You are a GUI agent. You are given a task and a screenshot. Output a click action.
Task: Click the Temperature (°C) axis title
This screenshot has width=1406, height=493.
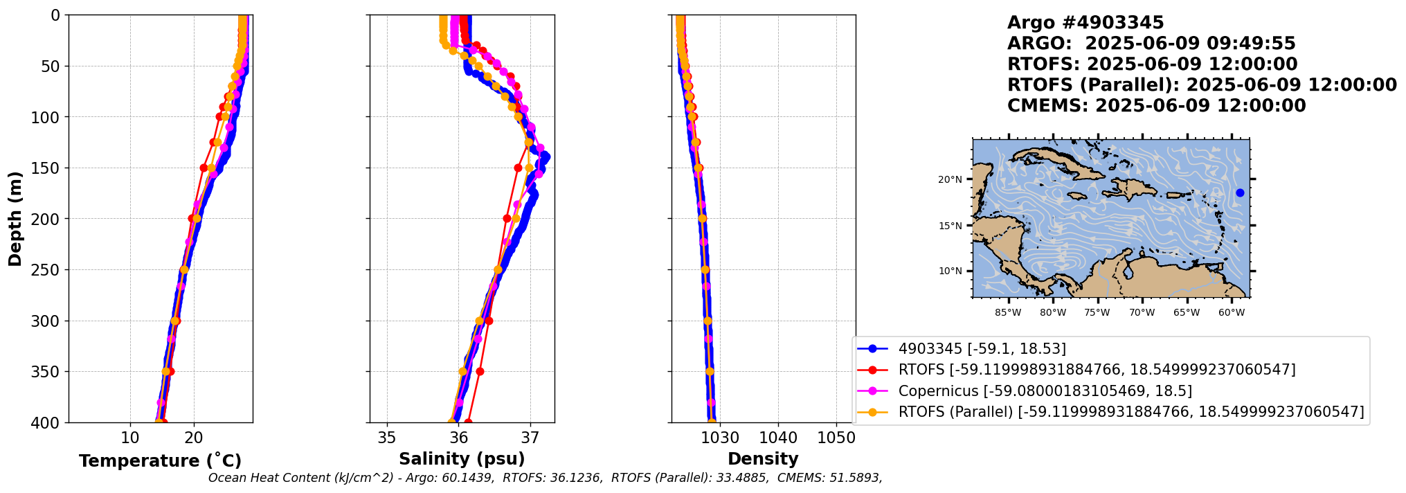click(160, 461)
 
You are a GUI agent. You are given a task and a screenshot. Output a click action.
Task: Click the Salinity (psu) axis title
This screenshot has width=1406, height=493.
click(462, 459)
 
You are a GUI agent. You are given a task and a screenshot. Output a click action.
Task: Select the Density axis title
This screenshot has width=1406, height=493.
click(763, 459)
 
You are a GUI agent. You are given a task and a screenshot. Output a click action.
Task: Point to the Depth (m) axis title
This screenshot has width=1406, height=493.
click(15, 219)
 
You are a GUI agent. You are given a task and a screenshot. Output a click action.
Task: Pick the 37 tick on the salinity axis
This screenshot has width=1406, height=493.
click(530, 438)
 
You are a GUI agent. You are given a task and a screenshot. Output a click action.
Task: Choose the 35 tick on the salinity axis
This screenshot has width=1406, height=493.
click(387, 438)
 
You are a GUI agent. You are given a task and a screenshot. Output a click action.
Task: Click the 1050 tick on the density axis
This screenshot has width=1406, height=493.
click(836, 438)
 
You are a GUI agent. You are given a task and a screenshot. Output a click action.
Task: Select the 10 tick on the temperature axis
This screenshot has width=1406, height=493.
click(130, 438)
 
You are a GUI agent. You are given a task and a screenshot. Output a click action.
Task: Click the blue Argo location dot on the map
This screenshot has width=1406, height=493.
click(1240, 192)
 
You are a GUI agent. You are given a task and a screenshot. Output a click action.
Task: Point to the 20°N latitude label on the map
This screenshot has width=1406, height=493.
click(950, 180)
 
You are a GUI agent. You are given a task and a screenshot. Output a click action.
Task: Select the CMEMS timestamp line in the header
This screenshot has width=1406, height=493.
click(1156, 106)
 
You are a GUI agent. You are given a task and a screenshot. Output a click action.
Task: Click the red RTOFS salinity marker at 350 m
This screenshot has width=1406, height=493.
click(480, 372)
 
